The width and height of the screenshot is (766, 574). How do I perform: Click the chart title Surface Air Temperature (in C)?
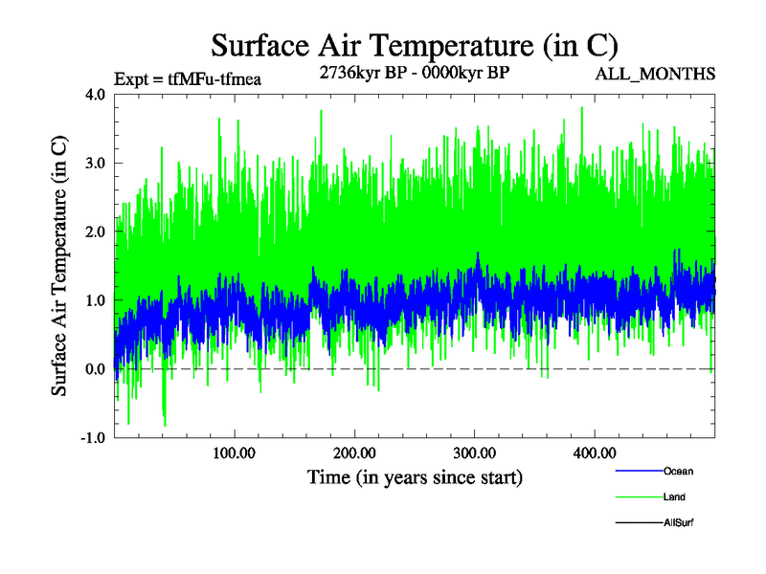click(x=415, y=45)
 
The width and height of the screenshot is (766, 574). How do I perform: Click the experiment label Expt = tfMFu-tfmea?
click(x=188, y=78)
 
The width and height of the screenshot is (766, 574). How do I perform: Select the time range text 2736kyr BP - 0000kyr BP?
click(x=414, y=72)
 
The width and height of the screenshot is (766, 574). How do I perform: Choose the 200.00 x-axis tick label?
click(x=354, y=453)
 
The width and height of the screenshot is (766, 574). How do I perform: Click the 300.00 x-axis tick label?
click(x=474, y=453)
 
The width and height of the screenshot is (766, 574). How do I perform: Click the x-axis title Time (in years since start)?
click(x=415, y=476)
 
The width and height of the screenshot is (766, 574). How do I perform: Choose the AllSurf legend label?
click(x=679, y=523)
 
